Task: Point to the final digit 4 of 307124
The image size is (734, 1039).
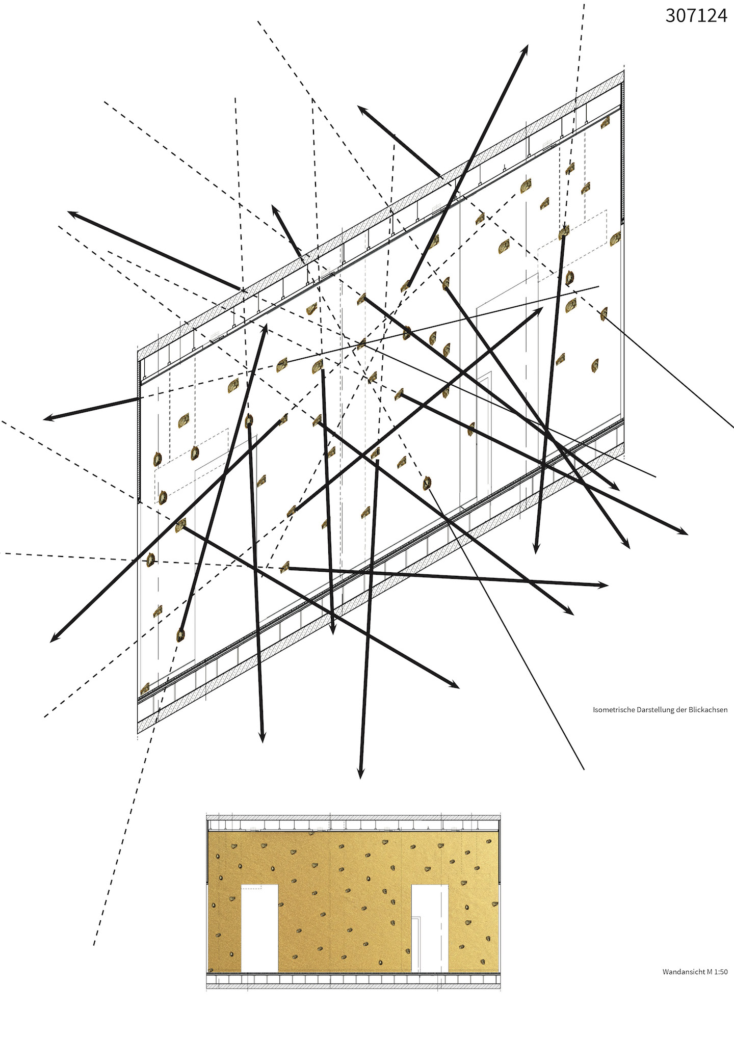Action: click(x=722, y=16)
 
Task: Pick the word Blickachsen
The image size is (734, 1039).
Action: click(x=710, y=709)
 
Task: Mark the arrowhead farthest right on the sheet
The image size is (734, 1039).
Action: click(x=686, y=534)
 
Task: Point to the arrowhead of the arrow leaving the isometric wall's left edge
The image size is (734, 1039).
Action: click(x=46, y=419)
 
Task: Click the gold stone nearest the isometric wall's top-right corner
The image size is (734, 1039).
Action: click(x=606, y=122)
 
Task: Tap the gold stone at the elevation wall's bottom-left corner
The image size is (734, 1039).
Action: click(x=211, y=968)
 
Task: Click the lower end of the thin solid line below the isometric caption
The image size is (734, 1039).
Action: click(x=584, y=769)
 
